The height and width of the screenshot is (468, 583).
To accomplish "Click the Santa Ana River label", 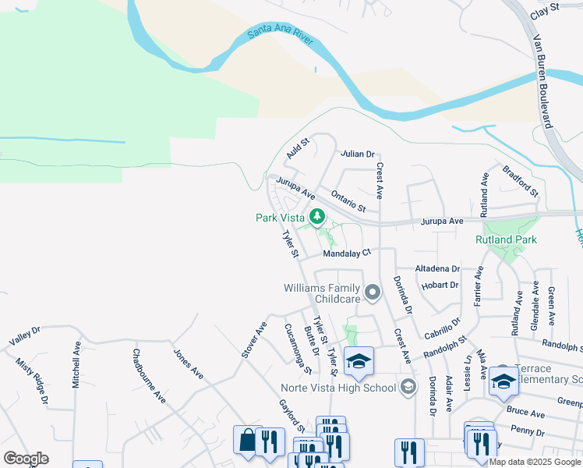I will [x=280, y=35].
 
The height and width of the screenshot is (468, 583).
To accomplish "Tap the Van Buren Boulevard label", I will [x=542, y=81].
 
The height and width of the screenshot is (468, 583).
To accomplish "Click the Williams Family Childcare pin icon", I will [x=373, y=293].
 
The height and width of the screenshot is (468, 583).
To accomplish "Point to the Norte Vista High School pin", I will [x=408, y=387].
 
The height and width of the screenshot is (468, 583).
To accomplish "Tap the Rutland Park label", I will [x=506, y=239].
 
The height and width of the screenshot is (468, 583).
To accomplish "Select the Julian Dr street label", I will [x=358, y=154].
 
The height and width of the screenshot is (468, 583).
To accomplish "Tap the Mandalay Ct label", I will [x=348, y=253].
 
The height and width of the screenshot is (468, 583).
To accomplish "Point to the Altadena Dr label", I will [x=437, y=268].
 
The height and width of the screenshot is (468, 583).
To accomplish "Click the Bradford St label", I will [x=521, y=180].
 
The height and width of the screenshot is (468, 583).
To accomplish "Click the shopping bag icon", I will [x=247, y=440].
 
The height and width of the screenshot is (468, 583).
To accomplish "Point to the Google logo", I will [x=26, y=458].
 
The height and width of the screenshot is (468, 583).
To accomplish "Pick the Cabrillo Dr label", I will [x=443, y=328].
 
